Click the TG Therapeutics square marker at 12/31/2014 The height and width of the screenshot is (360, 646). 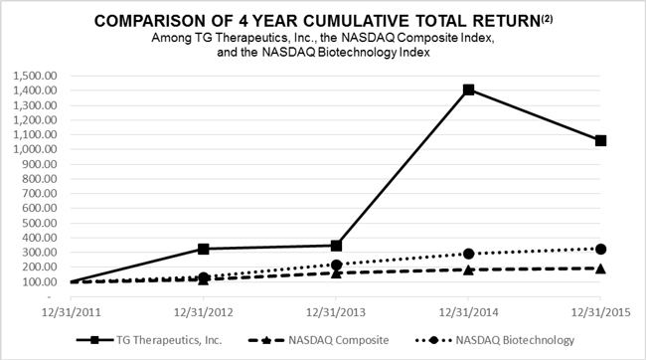click(x=468, y=90)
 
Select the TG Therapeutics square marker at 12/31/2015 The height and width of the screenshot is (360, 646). click(x=600, y=141)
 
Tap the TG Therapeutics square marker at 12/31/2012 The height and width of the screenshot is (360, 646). click(x=204, y=249)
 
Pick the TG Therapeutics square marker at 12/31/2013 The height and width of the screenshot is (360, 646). click(x=336, y=247)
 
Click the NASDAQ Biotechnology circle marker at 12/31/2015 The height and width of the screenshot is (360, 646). click(x=600, y=249)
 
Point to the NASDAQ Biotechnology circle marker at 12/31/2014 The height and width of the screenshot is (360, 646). click(x=468, y=254)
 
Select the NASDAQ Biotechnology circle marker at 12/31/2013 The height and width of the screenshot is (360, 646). click(x=336, y=265)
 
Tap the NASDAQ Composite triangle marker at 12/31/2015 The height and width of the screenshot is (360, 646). click(x=600, y=269)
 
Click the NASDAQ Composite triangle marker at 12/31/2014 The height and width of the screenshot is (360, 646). click(x=468, y=270)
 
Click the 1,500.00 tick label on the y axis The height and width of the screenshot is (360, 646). click(x=35, y=76)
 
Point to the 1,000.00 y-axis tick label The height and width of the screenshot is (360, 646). click(x=35, y=149)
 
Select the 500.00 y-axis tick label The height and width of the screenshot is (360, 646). click(x=40, y=223)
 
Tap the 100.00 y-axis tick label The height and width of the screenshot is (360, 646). click(x=40, y=281)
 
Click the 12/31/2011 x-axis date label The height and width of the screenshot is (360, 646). click(x=72, y=312)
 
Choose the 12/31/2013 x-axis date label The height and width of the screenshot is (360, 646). click(x=336, y=312)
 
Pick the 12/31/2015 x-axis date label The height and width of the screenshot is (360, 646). click(x=600, y=312)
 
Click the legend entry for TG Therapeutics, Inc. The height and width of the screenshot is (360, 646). click(x=149, y=340)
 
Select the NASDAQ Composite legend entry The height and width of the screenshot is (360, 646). click(x=319, y=340)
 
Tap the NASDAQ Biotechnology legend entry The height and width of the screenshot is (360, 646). click(x=495, y=340)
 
